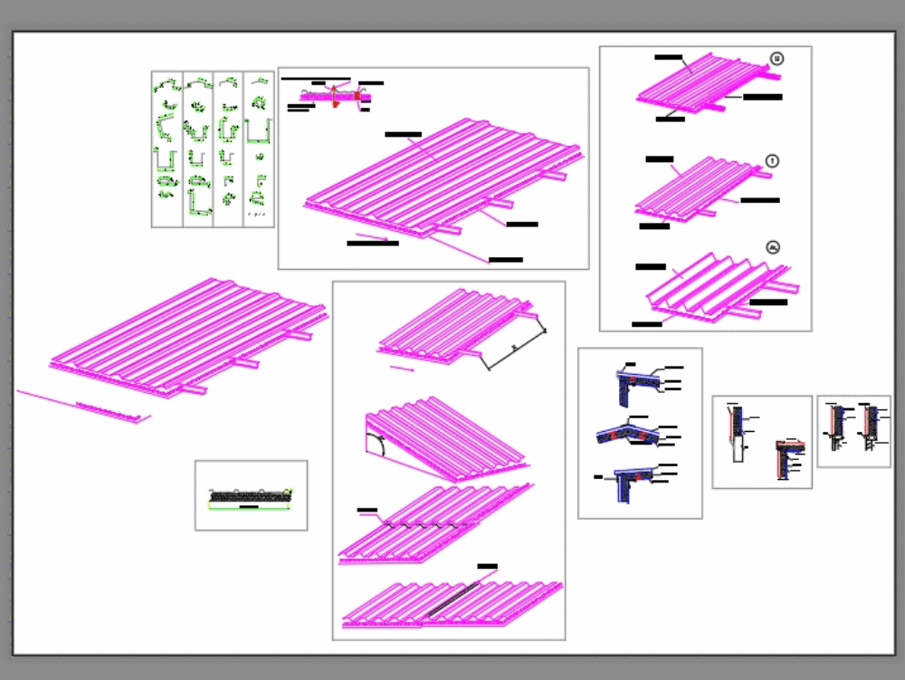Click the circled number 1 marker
pos(772,160)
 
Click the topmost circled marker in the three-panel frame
pos(776,59)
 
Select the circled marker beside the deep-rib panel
pos(772,246)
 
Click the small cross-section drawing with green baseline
pos(250,496)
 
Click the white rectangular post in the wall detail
pos(738,446)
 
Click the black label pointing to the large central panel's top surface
pos(403,134)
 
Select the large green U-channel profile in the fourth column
pos(259,131)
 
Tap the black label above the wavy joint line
pos(367,511)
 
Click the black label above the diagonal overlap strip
pos(487,566)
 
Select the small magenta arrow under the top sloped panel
pos(402,369)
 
